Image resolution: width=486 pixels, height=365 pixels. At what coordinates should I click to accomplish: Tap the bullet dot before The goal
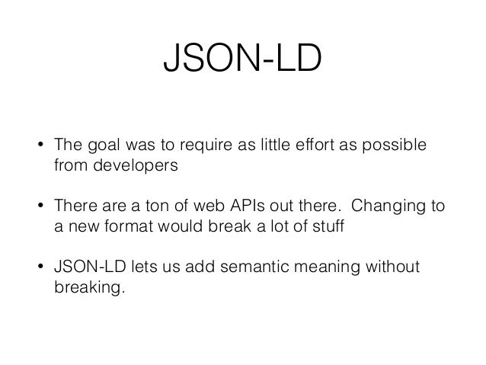click(x=40, y=146)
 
